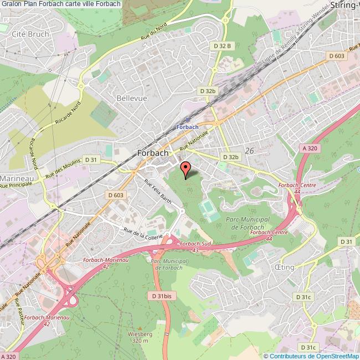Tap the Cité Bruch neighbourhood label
30,34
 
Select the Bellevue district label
132,97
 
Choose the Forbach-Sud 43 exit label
193,246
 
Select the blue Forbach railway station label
187,127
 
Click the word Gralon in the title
12,4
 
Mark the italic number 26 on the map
249,151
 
